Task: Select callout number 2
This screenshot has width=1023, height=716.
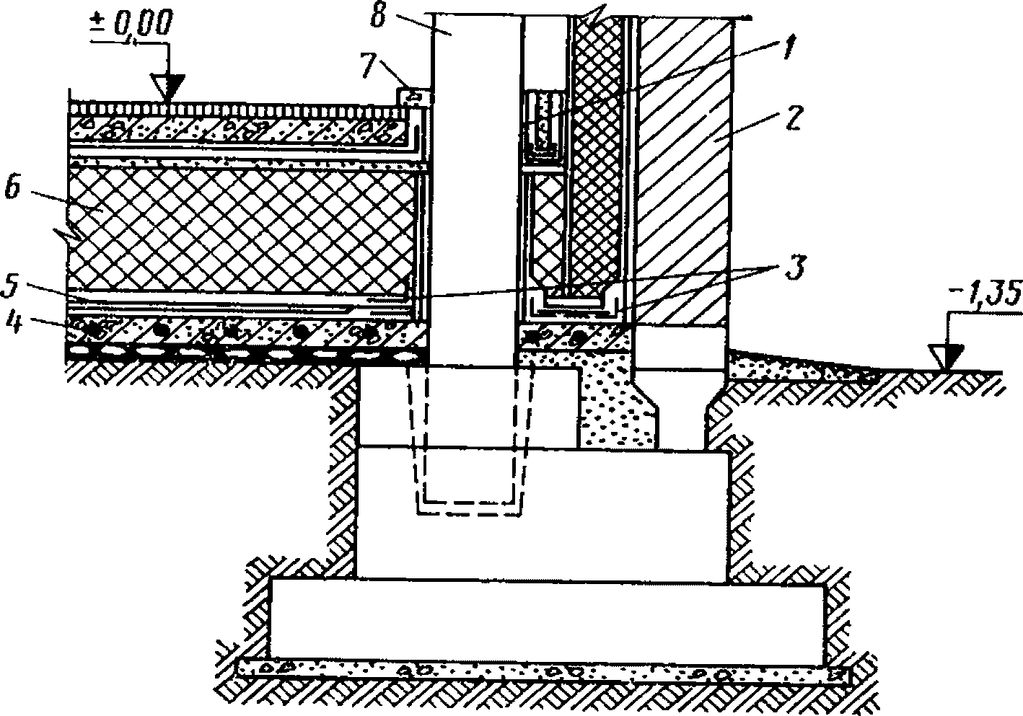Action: coord(791,120)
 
